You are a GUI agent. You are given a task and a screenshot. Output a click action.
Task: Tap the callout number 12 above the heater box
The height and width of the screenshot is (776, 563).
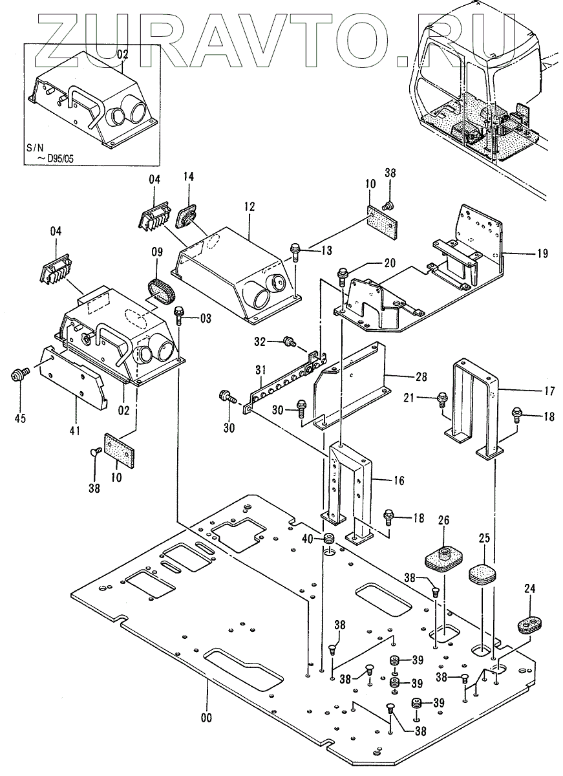[250, 207]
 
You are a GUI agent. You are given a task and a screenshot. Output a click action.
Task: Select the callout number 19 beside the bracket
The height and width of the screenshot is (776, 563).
[542, 253]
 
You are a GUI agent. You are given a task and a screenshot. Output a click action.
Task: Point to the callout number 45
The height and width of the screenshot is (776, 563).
[20, 418]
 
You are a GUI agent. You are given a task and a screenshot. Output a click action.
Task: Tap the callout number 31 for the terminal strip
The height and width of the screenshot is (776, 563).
[260, 371]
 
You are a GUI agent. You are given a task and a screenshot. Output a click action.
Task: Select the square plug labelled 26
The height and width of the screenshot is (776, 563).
[443, 557]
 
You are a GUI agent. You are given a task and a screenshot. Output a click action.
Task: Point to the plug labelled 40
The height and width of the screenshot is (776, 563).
[328, 538]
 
